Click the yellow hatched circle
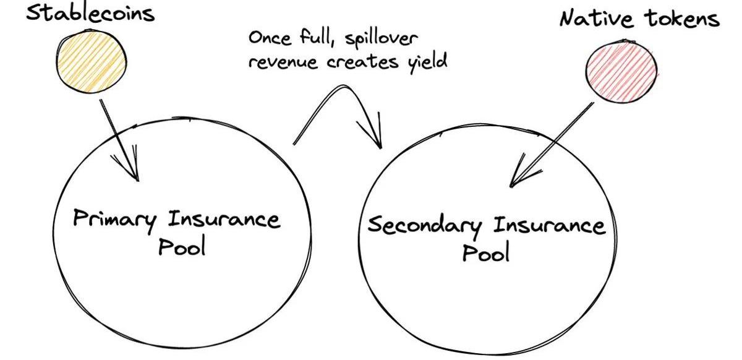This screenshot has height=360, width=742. (x=92, y=61)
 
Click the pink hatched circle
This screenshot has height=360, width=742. (x=621, y=72)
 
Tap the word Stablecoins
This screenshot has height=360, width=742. (x=90, y=13)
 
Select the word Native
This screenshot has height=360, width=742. (x=595, y=18)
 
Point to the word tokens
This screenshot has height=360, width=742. (x=682, y=18)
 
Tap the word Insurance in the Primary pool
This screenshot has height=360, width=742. (x=224, y=220)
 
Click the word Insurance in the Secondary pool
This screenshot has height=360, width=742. (x=550, y=225)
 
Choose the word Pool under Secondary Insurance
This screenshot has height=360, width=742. (x=485, y=252)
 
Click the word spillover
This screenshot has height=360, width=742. (x=381, y=39)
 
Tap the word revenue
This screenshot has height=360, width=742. (x=283, y=62)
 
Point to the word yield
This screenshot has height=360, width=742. (x=428, y=62)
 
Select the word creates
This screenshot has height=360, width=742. (x=363, y=62)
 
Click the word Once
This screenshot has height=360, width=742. (x=270, y=37)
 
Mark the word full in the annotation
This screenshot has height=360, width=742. (x=317, y=36)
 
